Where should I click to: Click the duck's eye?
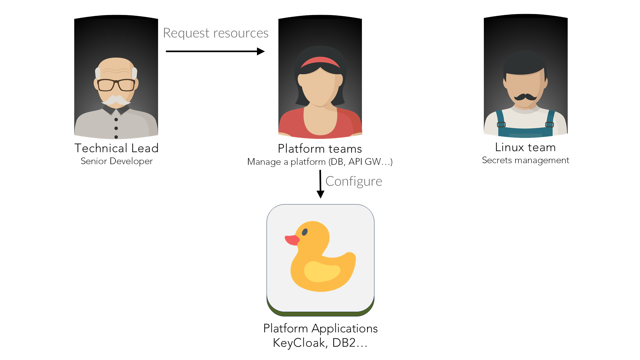(x=305, y=232)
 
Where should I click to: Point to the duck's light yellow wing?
(x=322, y=271)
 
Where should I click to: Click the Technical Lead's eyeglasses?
(x=116, y=85)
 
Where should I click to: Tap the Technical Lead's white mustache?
(x=116, y=100)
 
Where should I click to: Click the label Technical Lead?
(x=116, y=148)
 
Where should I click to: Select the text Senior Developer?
(x=116, y=161)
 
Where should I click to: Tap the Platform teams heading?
(x=320, y=149)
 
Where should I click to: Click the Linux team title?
(x=525, y=147)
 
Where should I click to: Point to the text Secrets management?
(x=525, y=160)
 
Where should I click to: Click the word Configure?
(x=354, y=181)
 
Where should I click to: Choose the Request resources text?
(x=216, y=33)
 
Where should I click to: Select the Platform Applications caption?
(x=320, y=328)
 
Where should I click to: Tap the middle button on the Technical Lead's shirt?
(x=116, y=128)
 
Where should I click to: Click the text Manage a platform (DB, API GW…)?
(x=320, y=162)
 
